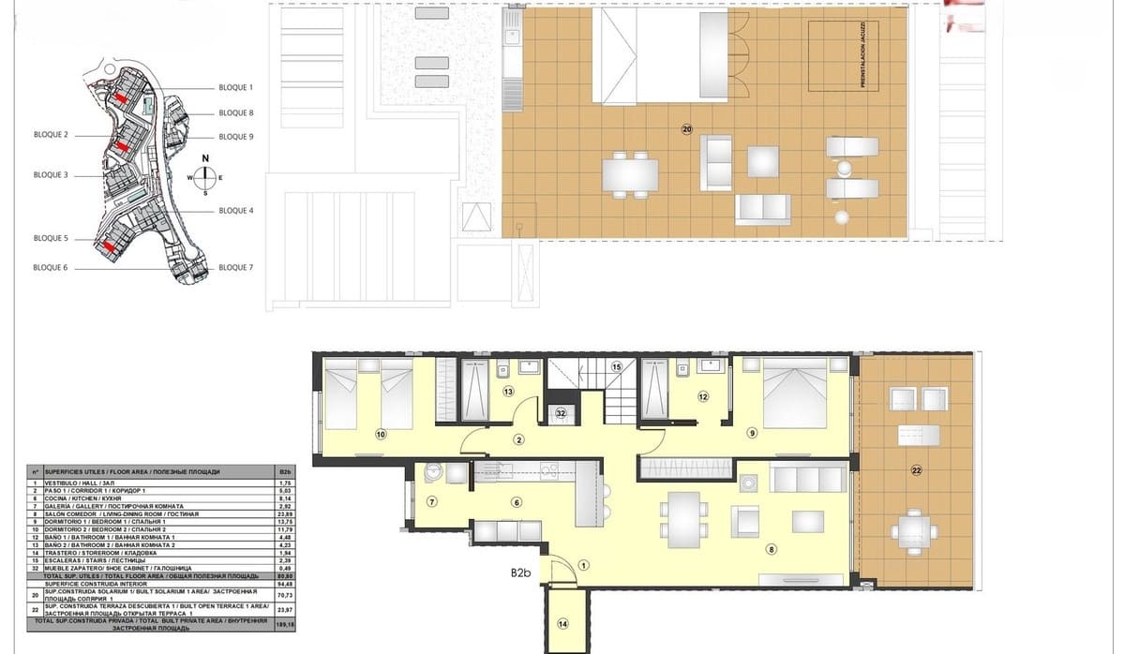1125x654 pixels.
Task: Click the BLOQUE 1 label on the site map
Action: [235, 87]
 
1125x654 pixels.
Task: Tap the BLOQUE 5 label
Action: [51, 239]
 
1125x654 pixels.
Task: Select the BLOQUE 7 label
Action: [235, 268]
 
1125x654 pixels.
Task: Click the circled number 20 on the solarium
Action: [686, 129]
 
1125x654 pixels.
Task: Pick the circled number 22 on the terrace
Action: [916, 470]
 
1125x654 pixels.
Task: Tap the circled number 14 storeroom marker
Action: [562, 623]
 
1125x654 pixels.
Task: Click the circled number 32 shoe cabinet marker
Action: [560, 411]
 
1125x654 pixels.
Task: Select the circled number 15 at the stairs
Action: [616, 366]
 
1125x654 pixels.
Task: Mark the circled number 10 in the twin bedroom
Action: [381, 434]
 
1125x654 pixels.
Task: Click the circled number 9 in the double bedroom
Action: [752, 433]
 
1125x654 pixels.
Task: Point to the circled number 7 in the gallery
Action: [431, 501]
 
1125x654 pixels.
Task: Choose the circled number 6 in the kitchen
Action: [517, 501]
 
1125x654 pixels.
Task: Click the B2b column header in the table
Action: [286, 471]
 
